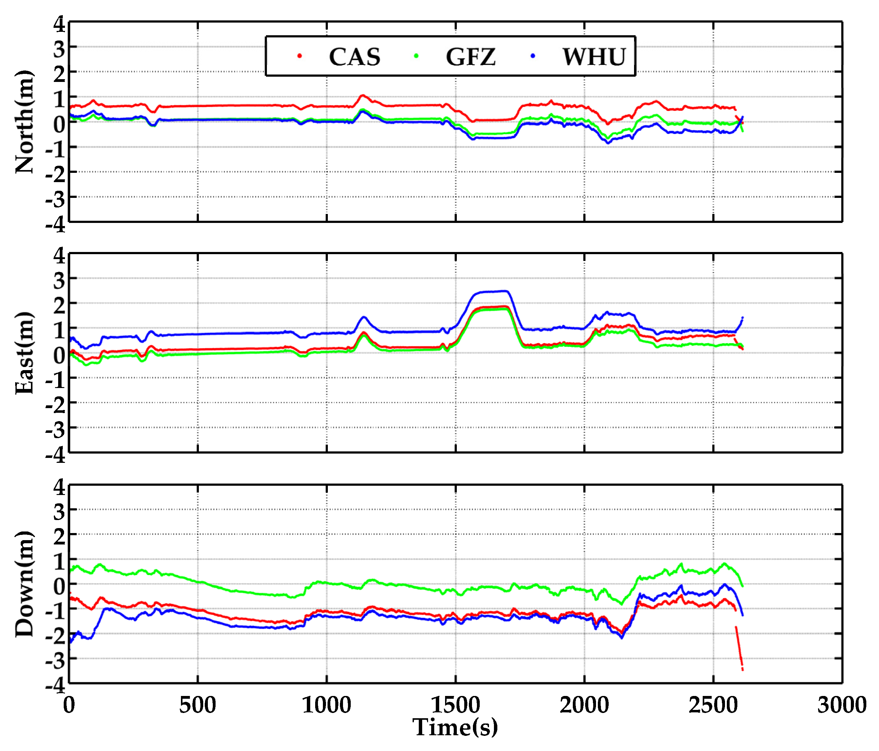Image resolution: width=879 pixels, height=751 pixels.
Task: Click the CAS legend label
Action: [355, 57]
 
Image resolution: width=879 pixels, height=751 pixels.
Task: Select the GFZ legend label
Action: [470, 57]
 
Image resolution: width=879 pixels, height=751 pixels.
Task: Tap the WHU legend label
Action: [594, 57]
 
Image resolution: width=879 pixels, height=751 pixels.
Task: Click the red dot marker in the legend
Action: [299, 56]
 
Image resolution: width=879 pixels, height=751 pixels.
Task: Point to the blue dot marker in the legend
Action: [533, 56]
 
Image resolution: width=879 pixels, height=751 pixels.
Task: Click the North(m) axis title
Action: [24, 122]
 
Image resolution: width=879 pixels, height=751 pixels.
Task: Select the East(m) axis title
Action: [24, 353]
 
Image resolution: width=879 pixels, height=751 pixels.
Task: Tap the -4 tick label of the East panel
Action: [56, 455]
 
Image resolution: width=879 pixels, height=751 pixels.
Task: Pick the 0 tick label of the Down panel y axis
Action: [59, 587]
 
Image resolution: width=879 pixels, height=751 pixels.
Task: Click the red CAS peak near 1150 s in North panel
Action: [362, 96]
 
